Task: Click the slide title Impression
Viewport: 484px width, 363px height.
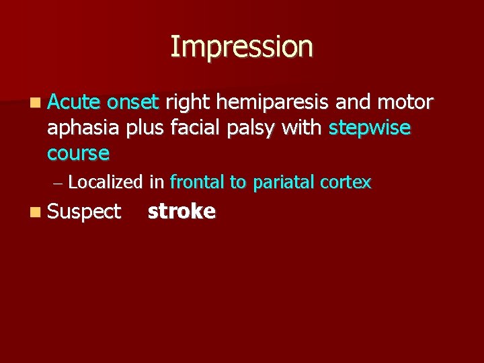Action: [x=241, y=47]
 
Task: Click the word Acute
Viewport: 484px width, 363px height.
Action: [x=74, y=102]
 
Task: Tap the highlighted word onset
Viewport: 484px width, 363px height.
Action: [x=132, y=102]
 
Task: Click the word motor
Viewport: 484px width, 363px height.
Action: [x=405, y=102]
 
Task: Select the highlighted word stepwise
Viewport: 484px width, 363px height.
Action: [x=370, y=128]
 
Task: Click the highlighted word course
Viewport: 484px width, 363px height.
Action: [x=78, y=153]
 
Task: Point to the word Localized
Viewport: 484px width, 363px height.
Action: [x=106, y=182]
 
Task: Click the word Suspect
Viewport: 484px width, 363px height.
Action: [x=85, y=212]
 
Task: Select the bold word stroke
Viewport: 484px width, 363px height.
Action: [x=182, y=211]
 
